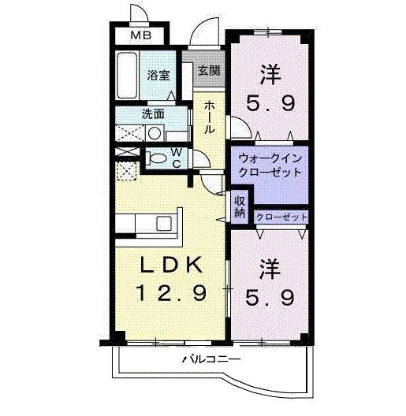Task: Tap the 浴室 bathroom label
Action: tap(158, 76)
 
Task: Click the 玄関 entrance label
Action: tap(208, 72)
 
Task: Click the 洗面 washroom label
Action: tap(153, 113)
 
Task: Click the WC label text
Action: tap(177, 158)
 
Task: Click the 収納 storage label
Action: tap(240, 206)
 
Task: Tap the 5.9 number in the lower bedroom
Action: tap(276, 298)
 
